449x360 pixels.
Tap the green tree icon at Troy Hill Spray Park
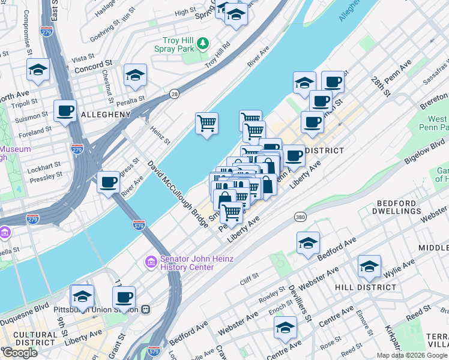point(203,43)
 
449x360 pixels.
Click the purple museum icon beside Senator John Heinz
point(150,262)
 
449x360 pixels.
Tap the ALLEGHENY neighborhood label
point(106,115)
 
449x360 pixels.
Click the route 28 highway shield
point(174,94)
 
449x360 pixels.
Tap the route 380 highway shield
point(298,216)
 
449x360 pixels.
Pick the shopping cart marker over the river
point(206,123)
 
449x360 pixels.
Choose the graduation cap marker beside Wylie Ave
point(369,266)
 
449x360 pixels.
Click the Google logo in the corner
point(19,353)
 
